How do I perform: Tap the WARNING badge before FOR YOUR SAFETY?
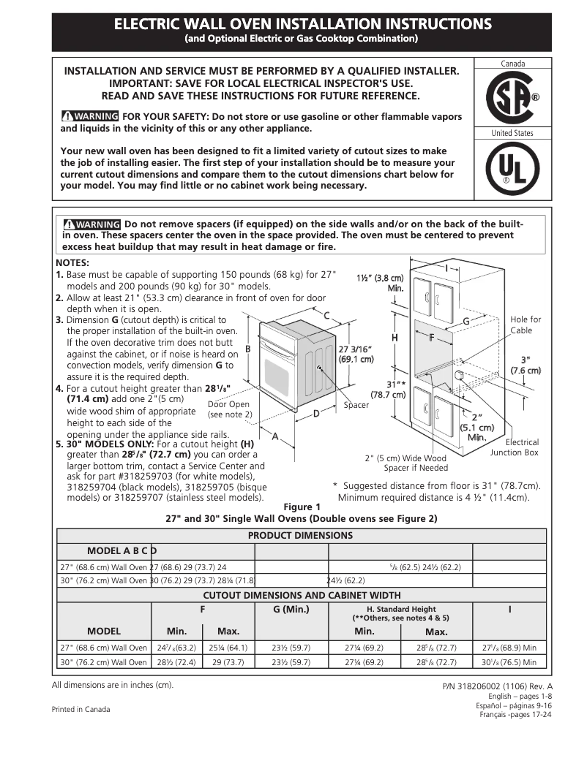90,116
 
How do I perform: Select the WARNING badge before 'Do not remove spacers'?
91,224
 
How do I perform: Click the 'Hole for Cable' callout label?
526,325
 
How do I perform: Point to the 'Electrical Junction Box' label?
514,447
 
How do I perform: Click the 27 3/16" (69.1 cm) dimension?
356,353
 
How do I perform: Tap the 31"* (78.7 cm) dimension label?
387,389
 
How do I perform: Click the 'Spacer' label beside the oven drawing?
356,405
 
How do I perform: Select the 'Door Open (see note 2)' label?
229,409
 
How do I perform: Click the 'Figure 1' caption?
302,507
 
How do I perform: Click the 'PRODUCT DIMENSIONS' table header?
300,535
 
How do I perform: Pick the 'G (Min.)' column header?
291,609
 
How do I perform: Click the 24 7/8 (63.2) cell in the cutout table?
171,648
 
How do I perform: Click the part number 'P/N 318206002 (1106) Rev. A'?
498,687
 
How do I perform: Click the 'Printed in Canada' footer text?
81,709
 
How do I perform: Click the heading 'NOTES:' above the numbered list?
72,262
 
